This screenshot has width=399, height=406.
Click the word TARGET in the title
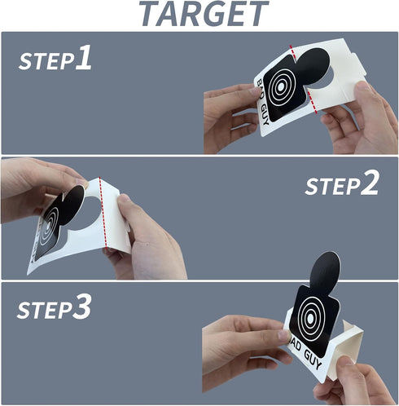(204, 14)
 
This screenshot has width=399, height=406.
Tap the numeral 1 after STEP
(84, 58)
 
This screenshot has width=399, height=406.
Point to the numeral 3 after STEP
(81, 307)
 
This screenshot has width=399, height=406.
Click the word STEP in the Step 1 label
(46, 61)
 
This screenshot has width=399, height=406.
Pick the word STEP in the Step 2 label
(332, 186)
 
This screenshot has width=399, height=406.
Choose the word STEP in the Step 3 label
(44, 310)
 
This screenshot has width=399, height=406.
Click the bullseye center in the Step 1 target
(281, 86)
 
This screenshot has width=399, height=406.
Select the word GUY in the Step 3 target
(313, 360)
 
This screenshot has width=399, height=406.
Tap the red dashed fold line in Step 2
(103, 212)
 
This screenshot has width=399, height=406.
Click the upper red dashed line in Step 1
(292, 51)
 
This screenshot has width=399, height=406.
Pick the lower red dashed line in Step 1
(313, 102)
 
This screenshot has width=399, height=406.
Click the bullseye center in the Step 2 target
(49, 225)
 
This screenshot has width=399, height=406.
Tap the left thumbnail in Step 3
(283, 336)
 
